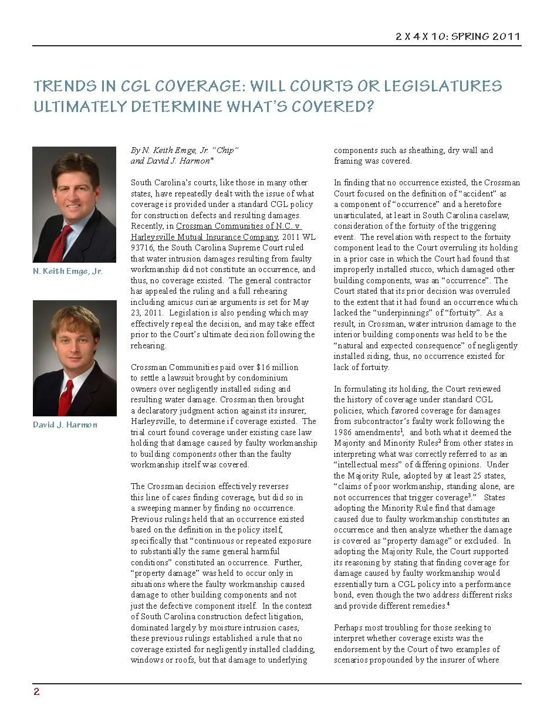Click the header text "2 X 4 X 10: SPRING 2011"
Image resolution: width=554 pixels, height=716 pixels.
[x=458, y=36]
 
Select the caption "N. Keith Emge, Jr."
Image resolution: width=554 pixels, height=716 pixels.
[x=67, y=272]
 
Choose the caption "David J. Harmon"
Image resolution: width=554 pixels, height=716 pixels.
[x=65, y=425]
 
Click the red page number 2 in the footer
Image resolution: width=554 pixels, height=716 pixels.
[x=36, y=692]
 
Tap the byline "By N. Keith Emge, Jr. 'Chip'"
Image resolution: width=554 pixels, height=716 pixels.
[x=184, y=150]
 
